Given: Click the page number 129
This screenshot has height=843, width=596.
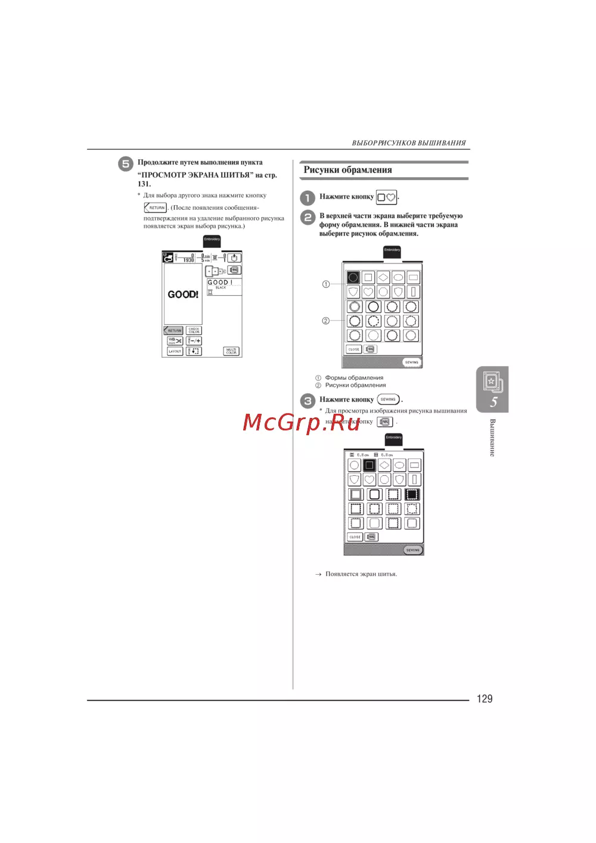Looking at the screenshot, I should click(485, 699).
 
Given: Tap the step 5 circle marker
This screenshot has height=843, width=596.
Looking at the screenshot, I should click(125, 164).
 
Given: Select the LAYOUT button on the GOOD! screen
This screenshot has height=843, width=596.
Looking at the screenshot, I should click(175, 351).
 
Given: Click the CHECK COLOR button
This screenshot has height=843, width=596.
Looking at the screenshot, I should click(194, 330).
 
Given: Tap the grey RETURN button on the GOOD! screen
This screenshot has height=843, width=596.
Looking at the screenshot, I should click(173, 330).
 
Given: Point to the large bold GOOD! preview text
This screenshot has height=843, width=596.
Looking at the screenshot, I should click(183, 295).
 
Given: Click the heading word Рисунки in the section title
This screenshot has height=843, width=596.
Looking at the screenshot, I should click(321, 170).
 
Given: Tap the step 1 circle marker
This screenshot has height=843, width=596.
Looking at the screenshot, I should click(307, 197).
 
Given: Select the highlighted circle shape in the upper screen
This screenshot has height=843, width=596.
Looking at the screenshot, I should click(353, 277).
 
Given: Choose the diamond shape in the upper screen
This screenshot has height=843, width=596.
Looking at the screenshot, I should click(383, 277).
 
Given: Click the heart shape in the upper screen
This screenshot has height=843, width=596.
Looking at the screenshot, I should click(368, 292).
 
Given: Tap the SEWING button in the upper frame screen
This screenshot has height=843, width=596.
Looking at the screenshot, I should click(411, 362).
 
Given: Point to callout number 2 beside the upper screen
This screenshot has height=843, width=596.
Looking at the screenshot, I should click(325, 321).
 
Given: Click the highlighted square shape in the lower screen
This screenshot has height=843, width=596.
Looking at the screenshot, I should click(370, 465).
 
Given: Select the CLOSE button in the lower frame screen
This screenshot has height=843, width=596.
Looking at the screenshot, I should click(355, 537).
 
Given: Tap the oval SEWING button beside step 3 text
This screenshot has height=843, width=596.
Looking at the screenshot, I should click(388, 399).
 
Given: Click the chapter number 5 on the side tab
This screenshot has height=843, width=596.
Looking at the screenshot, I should click(493, 402).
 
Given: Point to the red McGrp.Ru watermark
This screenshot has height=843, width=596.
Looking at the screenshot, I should click(302, 422).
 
